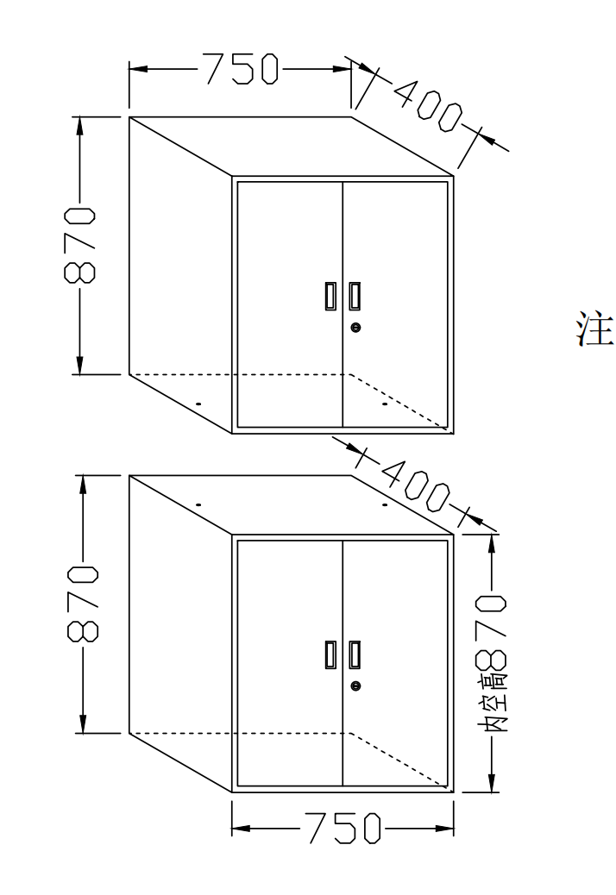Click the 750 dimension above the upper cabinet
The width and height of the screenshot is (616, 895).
(x=242, y=69)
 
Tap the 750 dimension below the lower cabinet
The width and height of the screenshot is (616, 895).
(x=344, y=829)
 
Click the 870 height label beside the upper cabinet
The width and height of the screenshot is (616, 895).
(x=80, y=246)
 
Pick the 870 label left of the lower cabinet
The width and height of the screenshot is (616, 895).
(x=84, y=604)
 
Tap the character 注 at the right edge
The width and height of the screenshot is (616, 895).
(x=595, y=329)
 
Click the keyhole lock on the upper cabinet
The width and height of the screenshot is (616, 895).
(x=355, y=328)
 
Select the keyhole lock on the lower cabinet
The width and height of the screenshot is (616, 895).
(x=355, y=686)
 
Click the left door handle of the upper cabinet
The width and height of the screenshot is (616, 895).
(x=330, y=297)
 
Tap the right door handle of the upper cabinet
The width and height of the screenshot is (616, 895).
(x=355, y=297)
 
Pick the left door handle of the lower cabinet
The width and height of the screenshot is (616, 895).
(x=330, y=654)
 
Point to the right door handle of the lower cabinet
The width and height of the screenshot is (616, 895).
(x=355, y=654)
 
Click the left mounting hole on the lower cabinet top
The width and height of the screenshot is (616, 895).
(x=198, y=504)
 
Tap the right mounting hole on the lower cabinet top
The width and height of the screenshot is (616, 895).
(x=385, y=504)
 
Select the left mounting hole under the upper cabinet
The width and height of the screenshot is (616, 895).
(x=198, y=404)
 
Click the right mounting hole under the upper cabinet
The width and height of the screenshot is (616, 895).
(x=385, y=404)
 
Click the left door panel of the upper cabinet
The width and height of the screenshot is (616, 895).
(x=290, y=305)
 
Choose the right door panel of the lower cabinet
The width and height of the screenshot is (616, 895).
(x=395, y=663)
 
